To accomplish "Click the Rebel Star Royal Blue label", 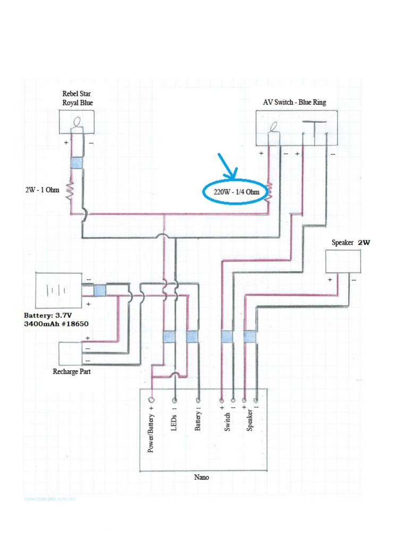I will point(77,99).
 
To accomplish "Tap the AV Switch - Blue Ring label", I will point(295,102).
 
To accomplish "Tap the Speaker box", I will point(343,261).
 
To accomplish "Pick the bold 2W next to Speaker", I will point(364,242).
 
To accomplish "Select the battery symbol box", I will point(58,290).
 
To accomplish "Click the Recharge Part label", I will point(71,371).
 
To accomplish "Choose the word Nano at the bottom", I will point(201,477).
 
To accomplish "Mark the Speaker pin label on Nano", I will point(250,420).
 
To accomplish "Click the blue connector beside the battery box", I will point(99,290).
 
